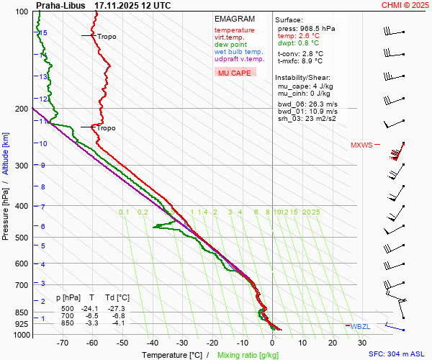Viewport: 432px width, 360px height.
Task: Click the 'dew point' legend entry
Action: (230, 45)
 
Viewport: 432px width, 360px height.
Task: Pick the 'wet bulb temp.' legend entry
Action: (238, 52)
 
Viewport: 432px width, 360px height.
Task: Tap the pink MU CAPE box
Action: (235, 73)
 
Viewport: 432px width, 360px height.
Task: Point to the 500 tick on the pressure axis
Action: (22, 237)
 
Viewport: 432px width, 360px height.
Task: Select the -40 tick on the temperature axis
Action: (153, 343)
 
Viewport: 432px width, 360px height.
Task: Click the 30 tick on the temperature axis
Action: (362, 343)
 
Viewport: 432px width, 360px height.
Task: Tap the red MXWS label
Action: (362, 145)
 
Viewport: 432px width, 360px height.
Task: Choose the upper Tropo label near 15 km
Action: (107, 37)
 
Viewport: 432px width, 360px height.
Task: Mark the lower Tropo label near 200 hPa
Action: (106, 128)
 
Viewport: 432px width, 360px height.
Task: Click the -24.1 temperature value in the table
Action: (92, 308)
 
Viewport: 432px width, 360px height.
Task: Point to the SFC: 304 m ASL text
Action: (397, 354)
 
